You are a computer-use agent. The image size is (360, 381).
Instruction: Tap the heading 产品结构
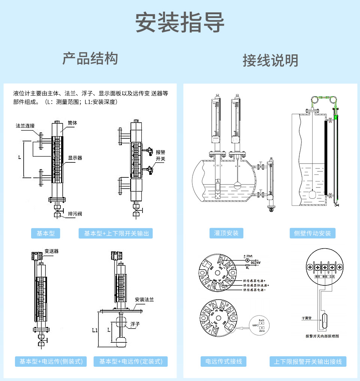pyautogui.click(x=90, y=59)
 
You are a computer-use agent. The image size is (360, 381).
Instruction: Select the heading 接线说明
pyautogui.click(x=270, y=60)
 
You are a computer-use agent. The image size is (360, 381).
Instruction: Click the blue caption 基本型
pyautogui.click(x=45, y=233)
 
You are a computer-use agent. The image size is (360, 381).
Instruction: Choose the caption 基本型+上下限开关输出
pyautogui.click(x=116, y=233)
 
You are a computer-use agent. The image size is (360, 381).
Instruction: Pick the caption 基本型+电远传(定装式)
pyautogui.click(x=131, y=361)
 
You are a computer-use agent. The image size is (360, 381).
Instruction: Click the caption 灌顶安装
pyautogui.click(x=226, y=233)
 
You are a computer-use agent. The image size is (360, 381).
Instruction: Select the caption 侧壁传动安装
pyautogui.click(x=312, y=233)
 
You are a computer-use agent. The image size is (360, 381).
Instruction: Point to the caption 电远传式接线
pyautogui.click(x=223, y=361)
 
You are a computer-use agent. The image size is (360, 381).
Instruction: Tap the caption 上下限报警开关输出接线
pyautogui.click(x=307, y=361)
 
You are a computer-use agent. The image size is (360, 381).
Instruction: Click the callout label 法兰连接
pyautogui.click(x=25, y=126)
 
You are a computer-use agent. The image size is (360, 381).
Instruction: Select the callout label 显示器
pyautogui.click(x=75, y=158)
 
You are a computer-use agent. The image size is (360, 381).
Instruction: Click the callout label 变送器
pyautogui.click(x=51, y=251)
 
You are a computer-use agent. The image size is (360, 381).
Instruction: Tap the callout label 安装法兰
pyautogui.click(x=144, y=299)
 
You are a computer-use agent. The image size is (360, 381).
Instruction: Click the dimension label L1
pyautogui.click(x=95, y=330)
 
